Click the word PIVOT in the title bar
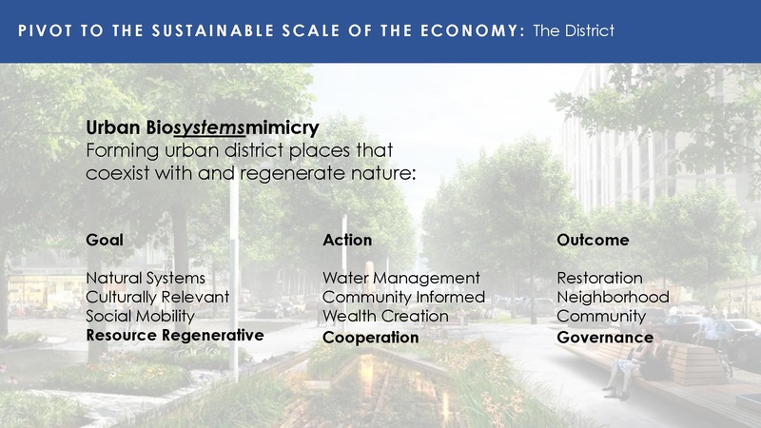pyautogui.click(x=43, y=30)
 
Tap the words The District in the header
pyautogui.click(x=574, y=30)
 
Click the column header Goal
pyautogui.click(x=105, y=240)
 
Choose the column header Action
pyautogui.click(x=347, y=240)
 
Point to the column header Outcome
pyautogui.click(x=593, y=240)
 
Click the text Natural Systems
pyautogui.click(x=146, y=278)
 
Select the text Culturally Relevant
pyautogui.click(x=158, y=297)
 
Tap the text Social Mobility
pyautogui.click(x=140, y=316)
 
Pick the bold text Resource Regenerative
pyautogui.click(x=174, y=336)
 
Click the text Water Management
pyautogui.click(x=401, y=278)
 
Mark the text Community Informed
pyautogui.click(x=404, y=297)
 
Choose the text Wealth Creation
pyautogui.click(x=385, y=316)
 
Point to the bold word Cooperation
pyautogui.click(x=371, y=338)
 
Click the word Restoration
pyautogui.click(x=599, y=278)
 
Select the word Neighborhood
pyautogui.click(x=613, y=297)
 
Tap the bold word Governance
pyautogui.click(x=605, y=338)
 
